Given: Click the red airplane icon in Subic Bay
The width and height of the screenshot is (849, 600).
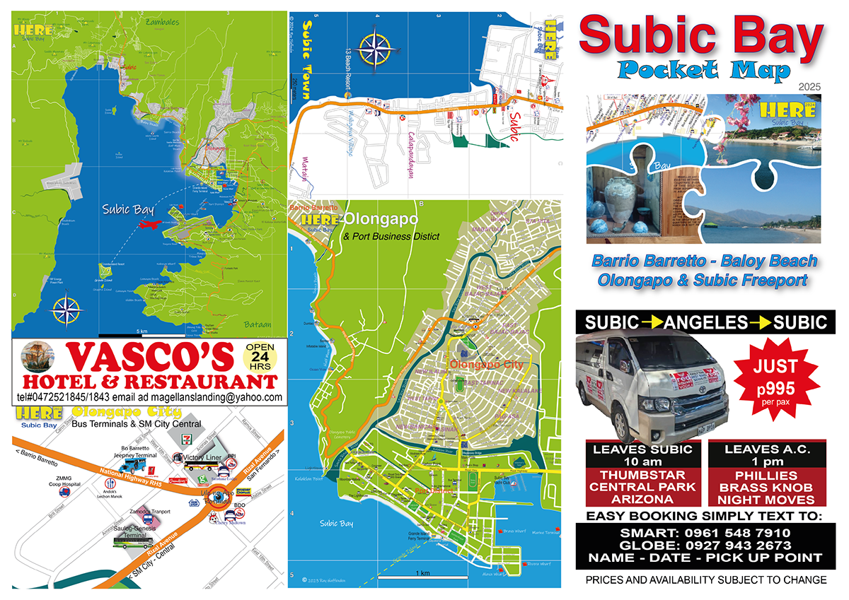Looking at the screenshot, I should pyautogui.click(x=149, y=224).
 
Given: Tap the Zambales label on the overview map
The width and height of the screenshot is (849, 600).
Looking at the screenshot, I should pyautogui.click(x=162, y=22).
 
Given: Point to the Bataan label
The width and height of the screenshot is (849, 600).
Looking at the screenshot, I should pyautogui.click(x=257, y=324).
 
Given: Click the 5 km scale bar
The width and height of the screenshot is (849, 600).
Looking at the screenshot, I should pyautogui.click(x=141, y=333).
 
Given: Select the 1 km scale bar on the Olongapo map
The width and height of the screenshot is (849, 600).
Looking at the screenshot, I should pyautogui.click(x=423, y=578).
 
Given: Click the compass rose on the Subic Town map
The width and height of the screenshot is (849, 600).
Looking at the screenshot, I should pyautogui.click(x=375, y=48).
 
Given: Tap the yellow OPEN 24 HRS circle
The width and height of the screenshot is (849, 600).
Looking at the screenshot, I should pyautogui.click(x=260, y=357).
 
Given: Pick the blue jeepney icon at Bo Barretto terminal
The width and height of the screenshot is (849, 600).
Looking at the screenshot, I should pyautogui.click(x=135, y=467).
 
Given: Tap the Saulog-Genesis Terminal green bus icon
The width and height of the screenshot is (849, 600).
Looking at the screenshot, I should pyautogui.click(x=133, y=542).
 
